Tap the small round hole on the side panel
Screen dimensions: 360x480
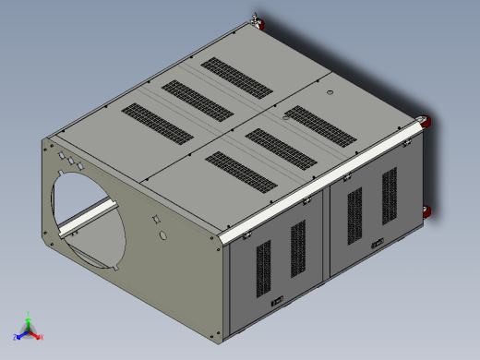(x=163, y=236)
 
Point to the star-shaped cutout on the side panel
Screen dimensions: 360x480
(x=156, y=220)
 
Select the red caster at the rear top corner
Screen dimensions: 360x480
(x=256, y=21)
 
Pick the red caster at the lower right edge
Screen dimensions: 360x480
(x=427, y=212)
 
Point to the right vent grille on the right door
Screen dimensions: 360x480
(x=388, y=193)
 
